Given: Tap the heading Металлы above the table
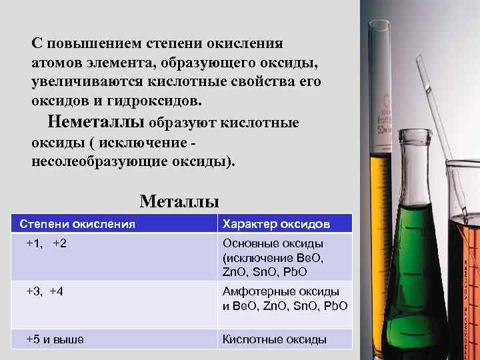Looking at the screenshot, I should pos(179,201).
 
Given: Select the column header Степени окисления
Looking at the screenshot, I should pos(77,224).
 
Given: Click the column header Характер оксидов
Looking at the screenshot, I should pos(276,224).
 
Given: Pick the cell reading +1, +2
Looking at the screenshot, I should pos(46,244).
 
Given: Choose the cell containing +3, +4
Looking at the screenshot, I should pos(45,291).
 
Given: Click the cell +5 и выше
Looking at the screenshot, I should pos(55,339).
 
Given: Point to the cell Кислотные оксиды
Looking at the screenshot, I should pos(274,339).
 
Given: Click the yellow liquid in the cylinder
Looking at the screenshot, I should pos(381,200).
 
